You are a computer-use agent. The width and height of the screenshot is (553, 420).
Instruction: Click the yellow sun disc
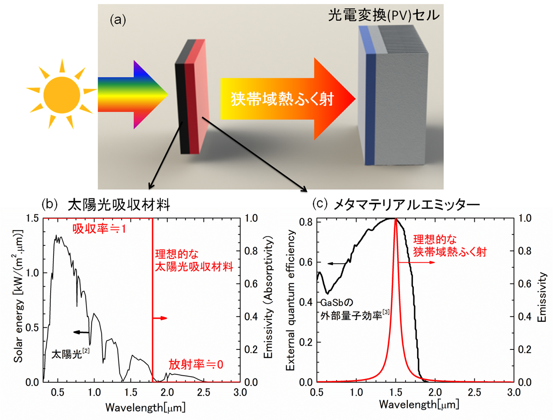[62, 95]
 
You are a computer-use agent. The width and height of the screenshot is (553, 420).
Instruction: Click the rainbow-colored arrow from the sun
[133, 95]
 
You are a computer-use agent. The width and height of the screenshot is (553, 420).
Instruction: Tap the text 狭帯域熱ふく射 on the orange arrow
[282, 99]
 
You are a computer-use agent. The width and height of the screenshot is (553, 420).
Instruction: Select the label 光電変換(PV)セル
[384, 15]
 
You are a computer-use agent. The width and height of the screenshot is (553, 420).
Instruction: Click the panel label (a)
[118, 20]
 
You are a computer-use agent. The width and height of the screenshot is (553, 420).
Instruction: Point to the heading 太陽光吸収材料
[119, 205]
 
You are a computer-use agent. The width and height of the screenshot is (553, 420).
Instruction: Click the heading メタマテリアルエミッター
[406, 205]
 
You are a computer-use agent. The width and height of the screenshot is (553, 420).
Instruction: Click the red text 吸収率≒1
[99, 229]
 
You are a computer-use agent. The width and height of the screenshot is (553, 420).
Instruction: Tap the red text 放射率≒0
[196, 364]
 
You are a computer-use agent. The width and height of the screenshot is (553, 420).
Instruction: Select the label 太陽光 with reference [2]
[71, 354]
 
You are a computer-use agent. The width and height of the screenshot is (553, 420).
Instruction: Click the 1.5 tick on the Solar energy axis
[33, 218]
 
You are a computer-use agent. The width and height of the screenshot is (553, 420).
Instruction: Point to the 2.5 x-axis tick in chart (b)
[204, 393]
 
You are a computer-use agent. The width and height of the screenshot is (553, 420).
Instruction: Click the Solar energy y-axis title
[18, 296]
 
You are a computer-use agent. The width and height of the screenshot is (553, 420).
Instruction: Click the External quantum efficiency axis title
[290, 300]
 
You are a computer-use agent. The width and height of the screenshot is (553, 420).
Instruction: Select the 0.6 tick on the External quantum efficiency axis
[306, 262]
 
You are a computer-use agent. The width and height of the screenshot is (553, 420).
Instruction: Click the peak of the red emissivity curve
[395, 219]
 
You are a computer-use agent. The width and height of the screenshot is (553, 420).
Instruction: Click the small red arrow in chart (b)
[160, 318]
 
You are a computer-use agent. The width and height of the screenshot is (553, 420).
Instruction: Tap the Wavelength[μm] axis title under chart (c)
[419, 405]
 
